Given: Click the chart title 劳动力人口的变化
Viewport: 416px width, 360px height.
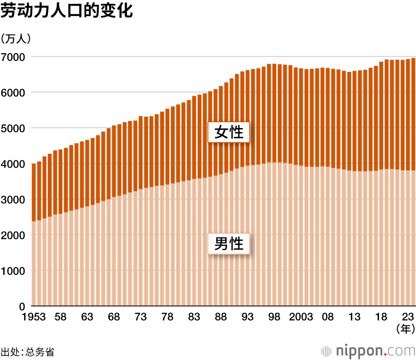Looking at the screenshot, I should pyautogui.click(x=67, y=11).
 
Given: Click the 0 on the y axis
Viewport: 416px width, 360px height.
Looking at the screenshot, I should pyautogui.click(x=23, y=306).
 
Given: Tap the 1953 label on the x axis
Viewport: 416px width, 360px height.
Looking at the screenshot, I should pyautogui.click(x=34, y=317).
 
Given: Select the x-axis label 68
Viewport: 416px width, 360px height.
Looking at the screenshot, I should pyautogui.click(x=114, y=317).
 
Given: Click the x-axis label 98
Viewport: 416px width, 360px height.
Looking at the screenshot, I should pyautogui.click(x=274, y=317).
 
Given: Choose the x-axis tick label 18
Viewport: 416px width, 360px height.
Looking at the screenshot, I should pyautogui.click(x=381, y=317).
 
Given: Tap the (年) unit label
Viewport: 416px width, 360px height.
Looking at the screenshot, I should pyautogui.click(x=405, y=330).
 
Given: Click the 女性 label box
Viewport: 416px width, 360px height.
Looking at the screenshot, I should pyautogui.click(x=228, y=133).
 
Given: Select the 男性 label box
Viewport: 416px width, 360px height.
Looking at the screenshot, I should pyautogui.click(x=228, y=243).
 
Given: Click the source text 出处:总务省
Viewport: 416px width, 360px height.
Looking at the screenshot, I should pyautogui.click(x=27, y=352).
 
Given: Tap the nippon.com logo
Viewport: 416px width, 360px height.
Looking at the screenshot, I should pyautogui.click(x=369, y=351).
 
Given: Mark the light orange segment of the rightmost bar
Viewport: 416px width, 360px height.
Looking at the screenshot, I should pyautogui.click(x=413, y=237).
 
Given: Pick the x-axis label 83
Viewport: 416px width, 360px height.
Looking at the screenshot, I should pyautogui.click(x=194, y=317).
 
